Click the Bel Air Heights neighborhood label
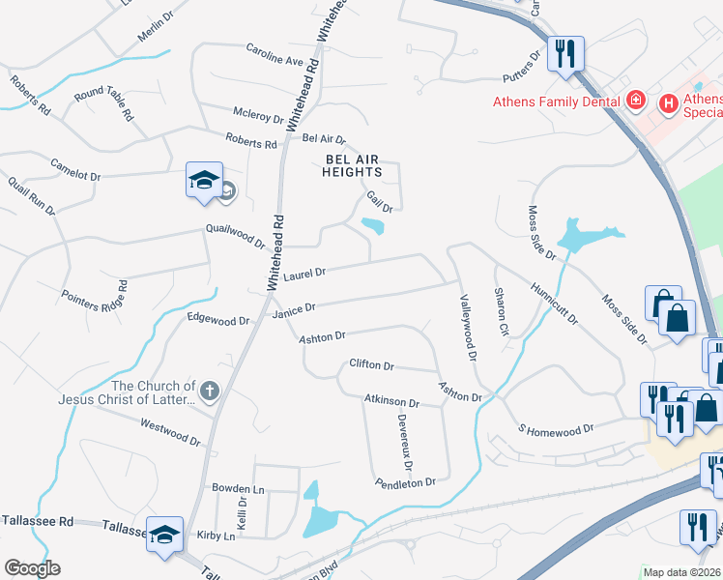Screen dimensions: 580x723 pos(353,164)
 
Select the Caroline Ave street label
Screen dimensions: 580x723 pos(275,53)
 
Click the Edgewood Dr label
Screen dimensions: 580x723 pos(218,319)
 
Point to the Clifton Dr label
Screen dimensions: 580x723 pos(371,365)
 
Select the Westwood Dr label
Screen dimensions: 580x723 pos(170,431)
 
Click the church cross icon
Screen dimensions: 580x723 pos(210,391)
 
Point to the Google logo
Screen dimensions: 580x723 pos(32,568)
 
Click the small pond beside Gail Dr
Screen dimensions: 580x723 pos(372,227)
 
